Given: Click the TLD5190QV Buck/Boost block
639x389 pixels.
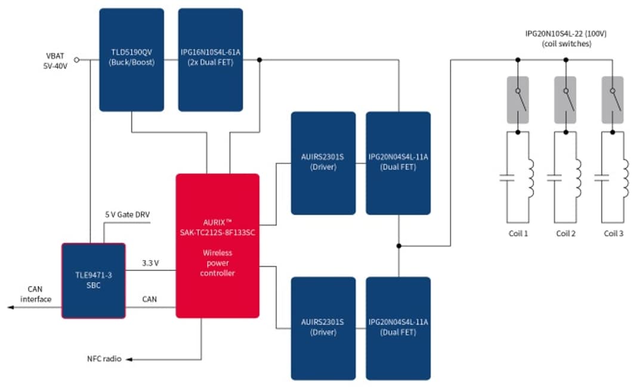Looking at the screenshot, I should tap(131, 60).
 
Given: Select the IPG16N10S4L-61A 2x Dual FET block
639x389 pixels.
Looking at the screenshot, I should tap(210, 60).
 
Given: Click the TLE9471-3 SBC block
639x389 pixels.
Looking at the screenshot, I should tap(94, 280).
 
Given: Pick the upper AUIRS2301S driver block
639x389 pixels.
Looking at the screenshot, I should tap(323, 162).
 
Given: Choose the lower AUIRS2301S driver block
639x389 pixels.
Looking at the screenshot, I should tap(323, 328).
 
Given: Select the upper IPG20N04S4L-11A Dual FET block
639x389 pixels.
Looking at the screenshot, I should tap(398, 162).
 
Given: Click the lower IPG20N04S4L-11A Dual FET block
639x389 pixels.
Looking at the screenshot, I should tap(398, 328).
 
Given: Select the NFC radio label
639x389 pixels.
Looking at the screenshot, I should tap(105, 359).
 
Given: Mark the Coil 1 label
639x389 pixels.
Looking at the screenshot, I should tap(517, 233).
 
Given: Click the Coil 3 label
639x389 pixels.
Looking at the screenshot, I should tap(613, 233).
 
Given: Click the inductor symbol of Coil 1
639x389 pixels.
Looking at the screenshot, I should tap(530, 177).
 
